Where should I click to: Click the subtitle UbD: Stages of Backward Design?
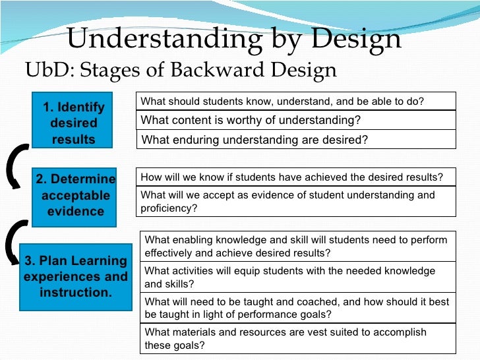click(x=180, y=69)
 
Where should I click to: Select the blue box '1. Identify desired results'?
click(x=74, y=123)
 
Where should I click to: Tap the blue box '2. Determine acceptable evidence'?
click(x=75, y=195)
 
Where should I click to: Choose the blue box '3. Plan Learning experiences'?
click(x=76, y=276)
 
